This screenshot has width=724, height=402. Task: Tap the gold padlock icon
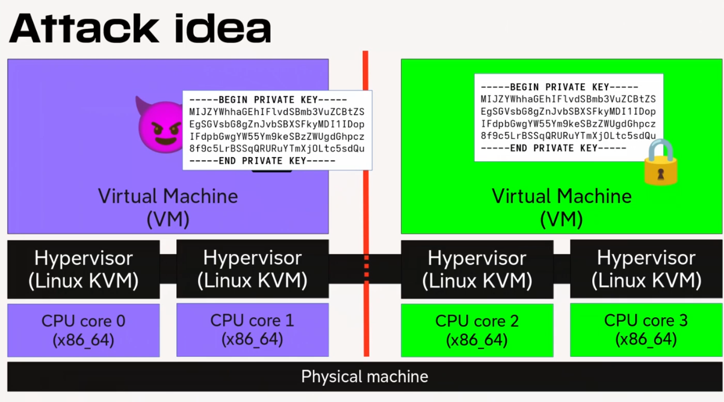click(660, 162)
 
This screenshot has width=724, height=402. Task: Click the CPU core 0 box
click(84, 330)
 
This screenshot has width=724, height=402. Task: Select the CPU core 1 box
click(252, 329)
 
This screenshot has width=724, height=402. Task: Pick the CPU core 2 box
click(477, 330)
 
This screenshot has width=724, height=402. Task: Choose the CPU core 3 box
click(646, 329)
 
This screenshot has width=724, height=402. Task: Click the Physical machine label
click(365, 377)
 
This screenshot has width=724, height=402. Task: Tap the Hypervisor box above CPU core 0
click(84, 269)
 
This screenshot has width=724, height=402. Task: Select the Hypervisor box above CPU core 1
click(252, 268)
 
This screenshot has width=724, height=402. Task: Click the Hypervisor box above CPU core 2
click(477, 269)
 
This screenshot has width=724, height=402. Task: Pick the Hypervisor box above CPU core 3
click(646, 268)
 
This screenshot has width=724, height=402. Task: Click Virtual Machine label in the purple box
click(168, 196)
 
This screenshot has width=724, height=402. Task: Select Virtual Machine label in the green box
click(562, 196)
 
